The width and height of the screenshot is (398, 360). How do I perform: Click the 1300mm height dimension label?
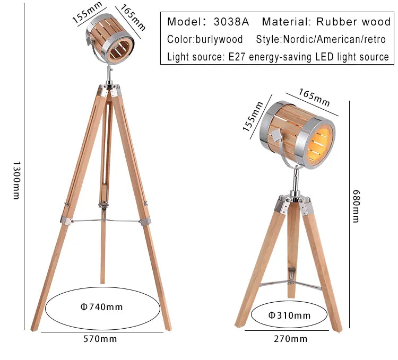[x=15, y=180]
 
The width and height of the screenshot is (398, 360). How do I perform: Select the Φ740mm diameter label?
[x=101, y=306]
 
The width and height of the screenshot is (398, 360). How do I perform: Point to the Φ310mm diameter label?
[x=289, y=315]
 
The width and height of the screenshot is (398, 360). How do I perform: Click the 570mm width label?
[x=101, y=338]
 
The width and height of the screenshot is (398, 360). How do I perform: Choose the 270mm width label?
[x=291, y=338]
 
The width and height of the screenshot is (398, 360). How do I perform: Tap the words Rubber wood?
[x=353, y=22]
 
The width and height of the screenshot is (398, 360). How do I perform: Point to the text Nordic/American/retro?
[x=334, y=39]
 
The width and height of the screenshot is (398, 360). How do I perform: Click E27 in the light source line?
[x=238, y=57]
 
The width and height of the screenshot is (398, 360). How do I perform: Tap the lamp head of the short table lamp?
[x=297, y=135]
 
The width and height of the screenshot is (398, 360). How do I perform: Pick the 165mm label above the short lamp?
[x=314, y=98]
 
